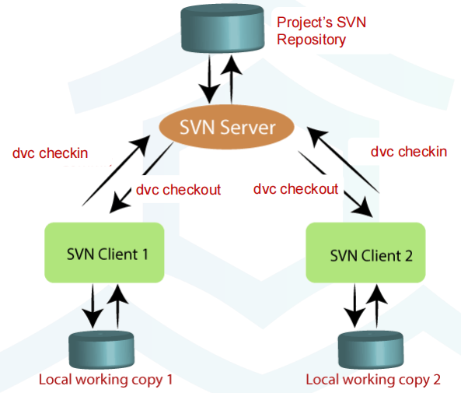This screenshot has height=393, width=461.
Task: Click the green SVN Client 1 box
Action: click(x=104, y=252)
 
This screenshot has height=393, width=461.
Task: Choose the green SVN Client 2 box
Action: click(x=366, y=254)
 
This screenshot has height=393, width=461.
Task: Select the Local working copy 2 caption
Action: click(x=373, y=380)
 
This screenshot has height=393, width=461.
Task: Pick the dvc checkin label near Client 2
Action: click(x=409, y=151)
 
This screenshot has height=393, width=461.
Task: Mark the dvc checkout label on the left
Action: click(x=178, y=189)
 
